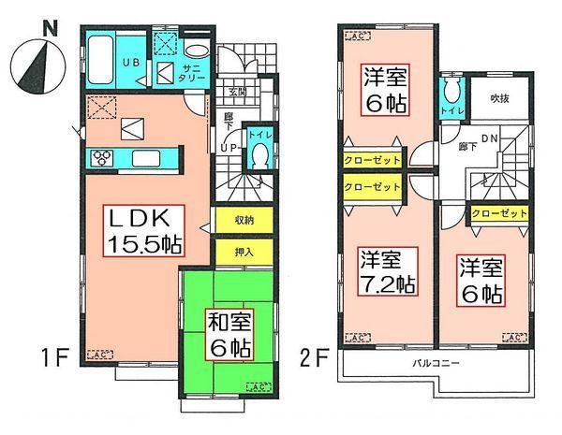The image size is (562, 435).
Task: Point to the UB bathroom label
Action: coord(133,63)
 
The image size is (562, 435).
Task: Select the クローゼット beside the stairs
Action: coord(498,214)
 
